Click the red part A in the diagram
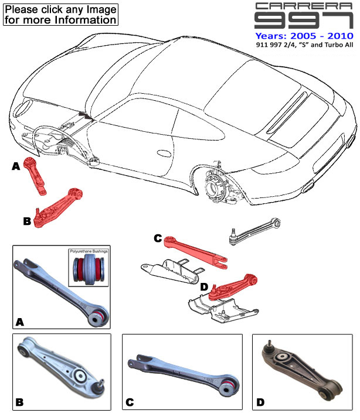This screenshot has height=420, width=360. [x=35, y=176]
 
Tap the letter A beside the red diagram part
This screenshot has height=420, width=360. [x=16, y=167]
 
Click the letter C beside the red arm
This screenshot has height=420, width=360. [x=157, y=238]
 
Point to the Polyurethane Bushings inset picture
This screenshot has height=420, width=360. [x=90, y=272]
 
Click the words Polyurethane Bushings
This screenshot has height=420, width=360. [x=90, y=251]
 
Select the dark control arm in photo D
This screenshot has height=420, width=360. [x=302, y=371]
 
